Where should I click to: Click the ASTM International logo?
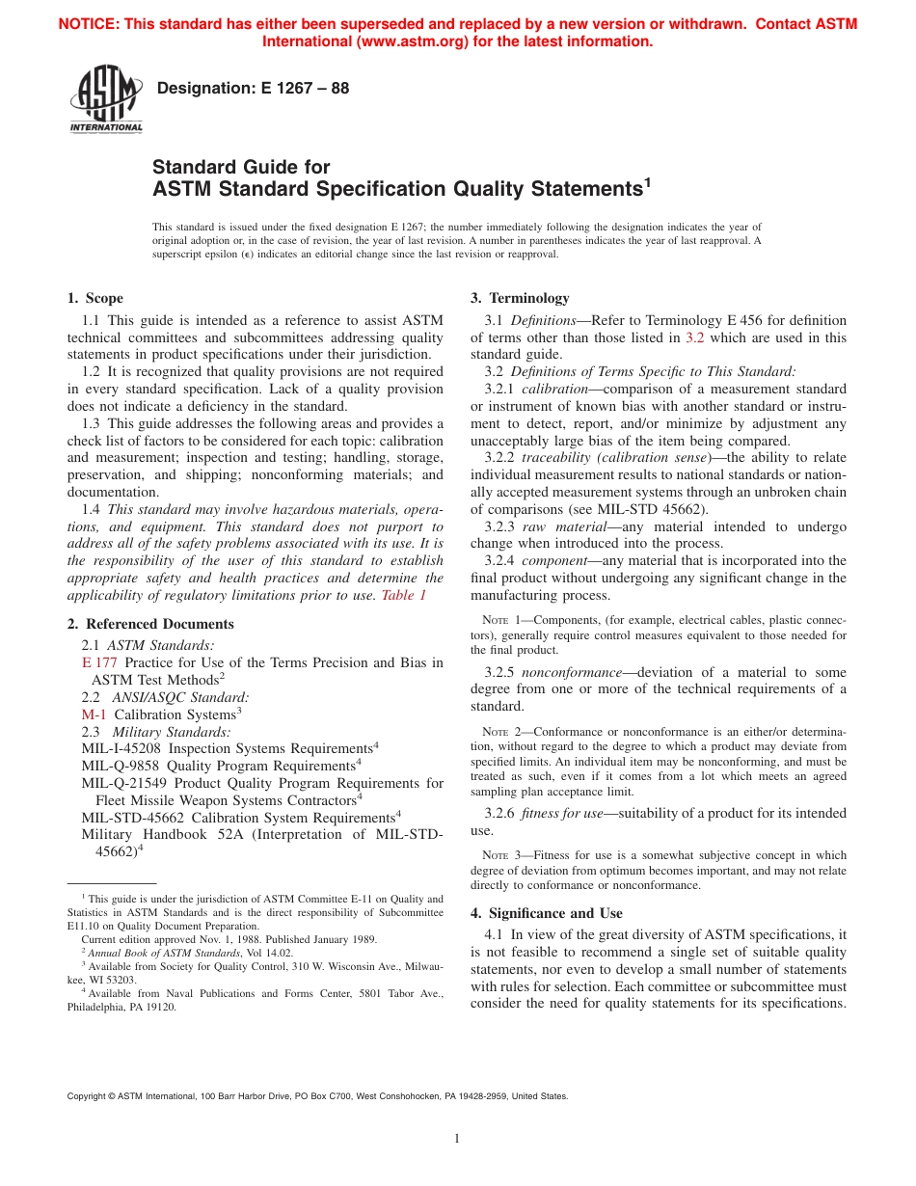pos(105,99)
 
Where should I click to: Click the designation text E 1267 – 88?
pos(253,89)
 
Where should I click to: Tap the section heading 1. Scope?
pos(94,298)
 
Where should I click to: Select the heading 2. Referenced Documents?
pos(149,624)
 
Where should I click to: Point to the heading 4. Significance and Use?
pos(546,913)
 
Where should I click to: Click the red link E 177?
pos(99,662)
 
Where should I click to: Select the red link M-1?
pos(94,714)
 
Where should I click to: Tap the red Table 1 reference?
pos(404,595)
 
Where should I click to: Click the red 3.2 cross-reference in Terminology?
pos(694,337)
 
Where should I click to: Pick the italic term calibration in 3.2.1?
pos(554,389)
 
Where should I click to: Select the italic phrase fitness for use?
pos(562,813)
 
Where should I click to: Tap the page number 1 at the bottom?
pos(458,1138)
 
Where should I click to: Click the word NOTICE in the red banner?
pos(93,24)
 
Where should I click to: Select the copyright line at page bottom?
pos(317,1096)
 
